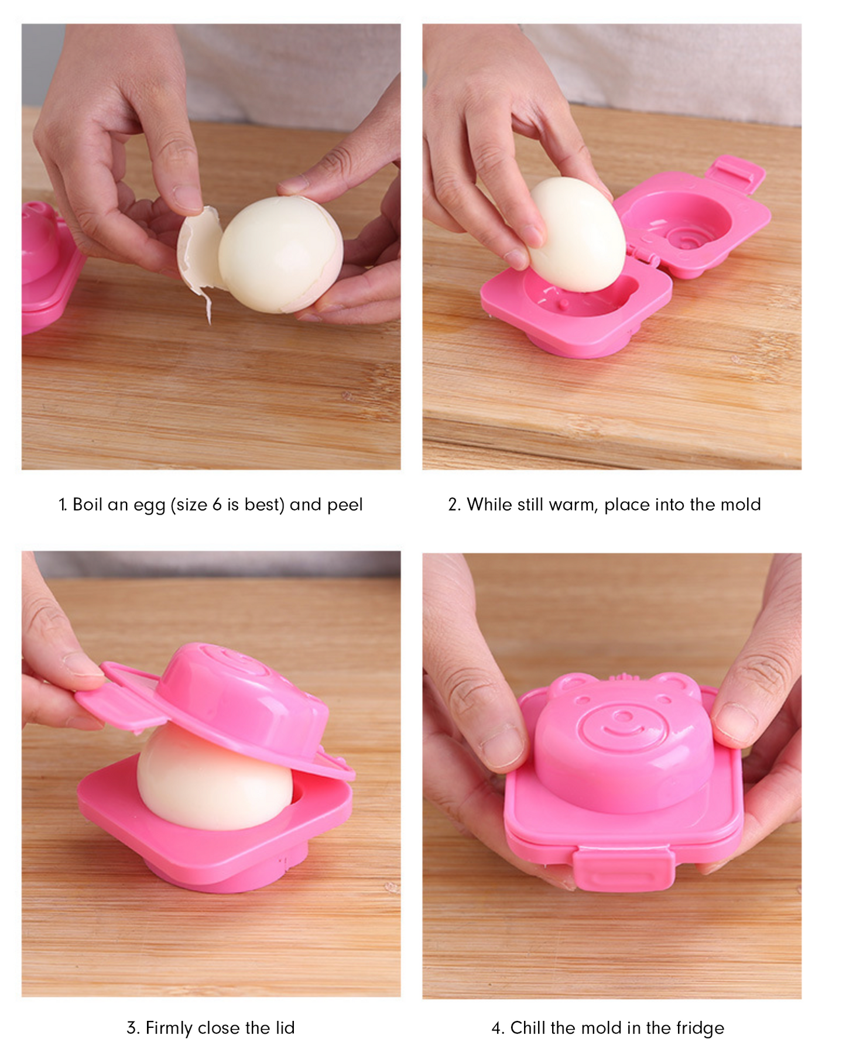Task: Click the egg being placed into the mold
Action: point(577,234)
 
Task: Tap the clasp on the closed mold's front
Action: point(623,866)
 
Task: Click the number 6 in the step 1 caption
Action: point(217,505)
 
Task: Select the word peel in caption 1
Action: point(345,505)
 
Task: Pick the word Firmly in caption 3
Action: point(169,1028)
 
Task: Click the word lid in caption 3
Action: point(285,1028)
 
